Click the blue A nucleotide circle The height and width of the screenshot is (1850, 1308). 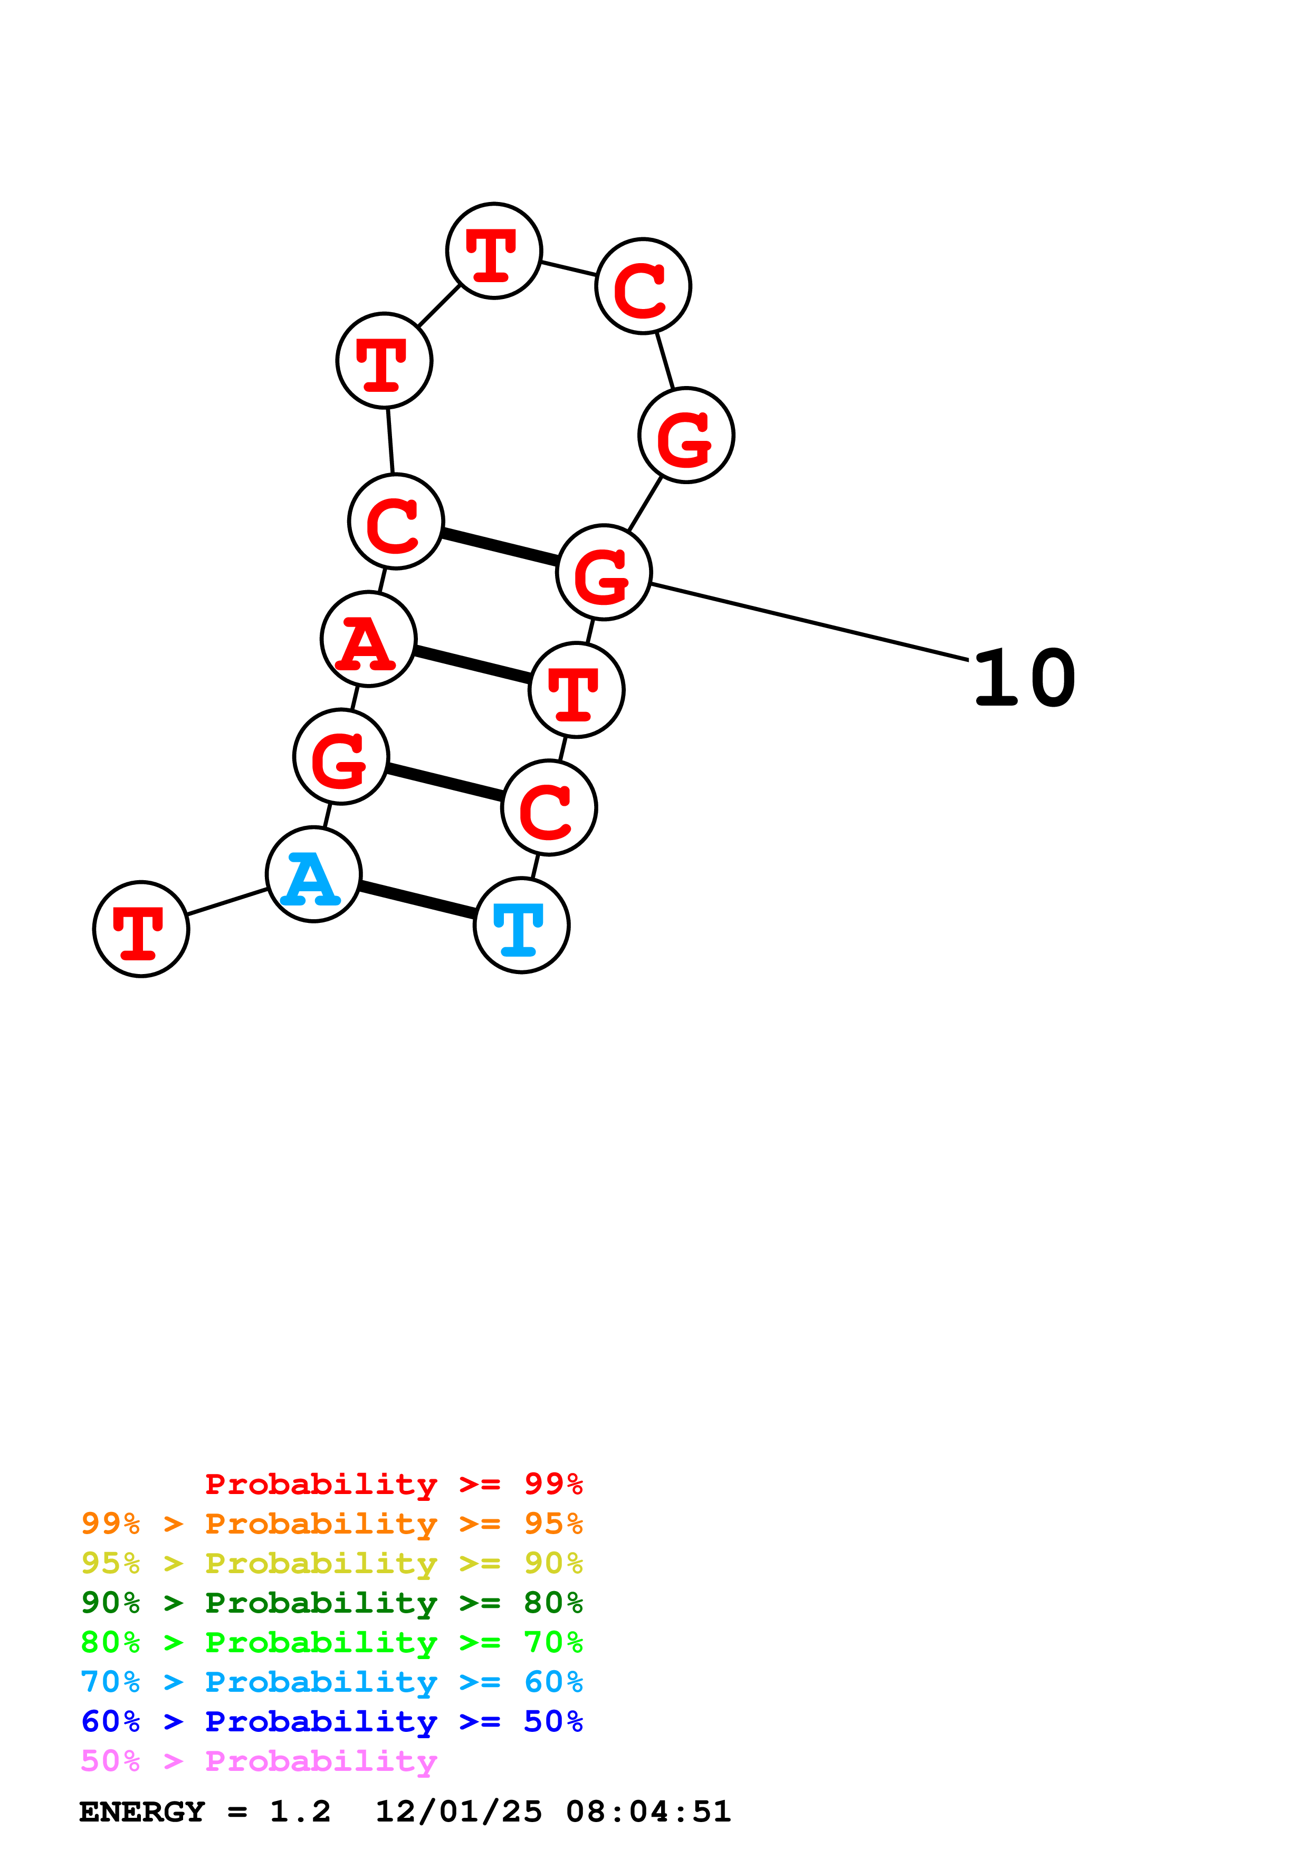point(313,874)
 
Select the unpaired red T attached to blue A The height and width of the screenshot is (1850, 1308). point(141,929)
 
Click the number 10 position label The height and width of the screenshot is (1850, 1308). point(1024,678)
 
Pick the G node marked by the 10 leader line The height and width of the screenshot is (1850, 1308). point(604,572)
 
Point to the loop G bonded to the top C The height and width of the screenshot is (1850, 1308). point(686,435)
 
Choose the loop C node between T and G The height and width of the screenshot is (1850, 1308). point(643,285)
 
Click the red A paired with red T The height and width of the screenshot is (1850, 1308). point(368,639)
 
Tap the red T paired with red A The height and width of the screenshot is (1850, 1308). point(576,690)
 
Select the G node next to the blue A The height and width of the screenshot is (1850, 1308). point(341,757)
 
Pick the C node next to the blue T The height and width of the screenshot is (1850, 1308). point(549,807)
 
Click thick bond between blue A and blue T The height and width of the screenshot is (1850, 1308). point(417,900)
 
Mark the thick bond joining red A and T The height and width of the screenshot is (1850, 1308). point(472,664)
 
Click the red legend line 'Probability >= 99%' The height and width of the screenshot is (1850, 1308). point(393,1484)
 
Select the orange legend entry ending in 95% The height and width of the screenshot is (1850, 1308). point(331,1524)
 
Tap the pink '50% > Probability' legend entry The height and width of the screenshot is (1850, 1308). point(259,1761)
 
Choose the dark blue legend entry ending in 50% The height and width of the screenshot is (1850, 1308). point(331,1722)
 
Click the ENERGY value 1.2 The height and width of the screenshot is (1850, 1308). point(300,1812)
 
